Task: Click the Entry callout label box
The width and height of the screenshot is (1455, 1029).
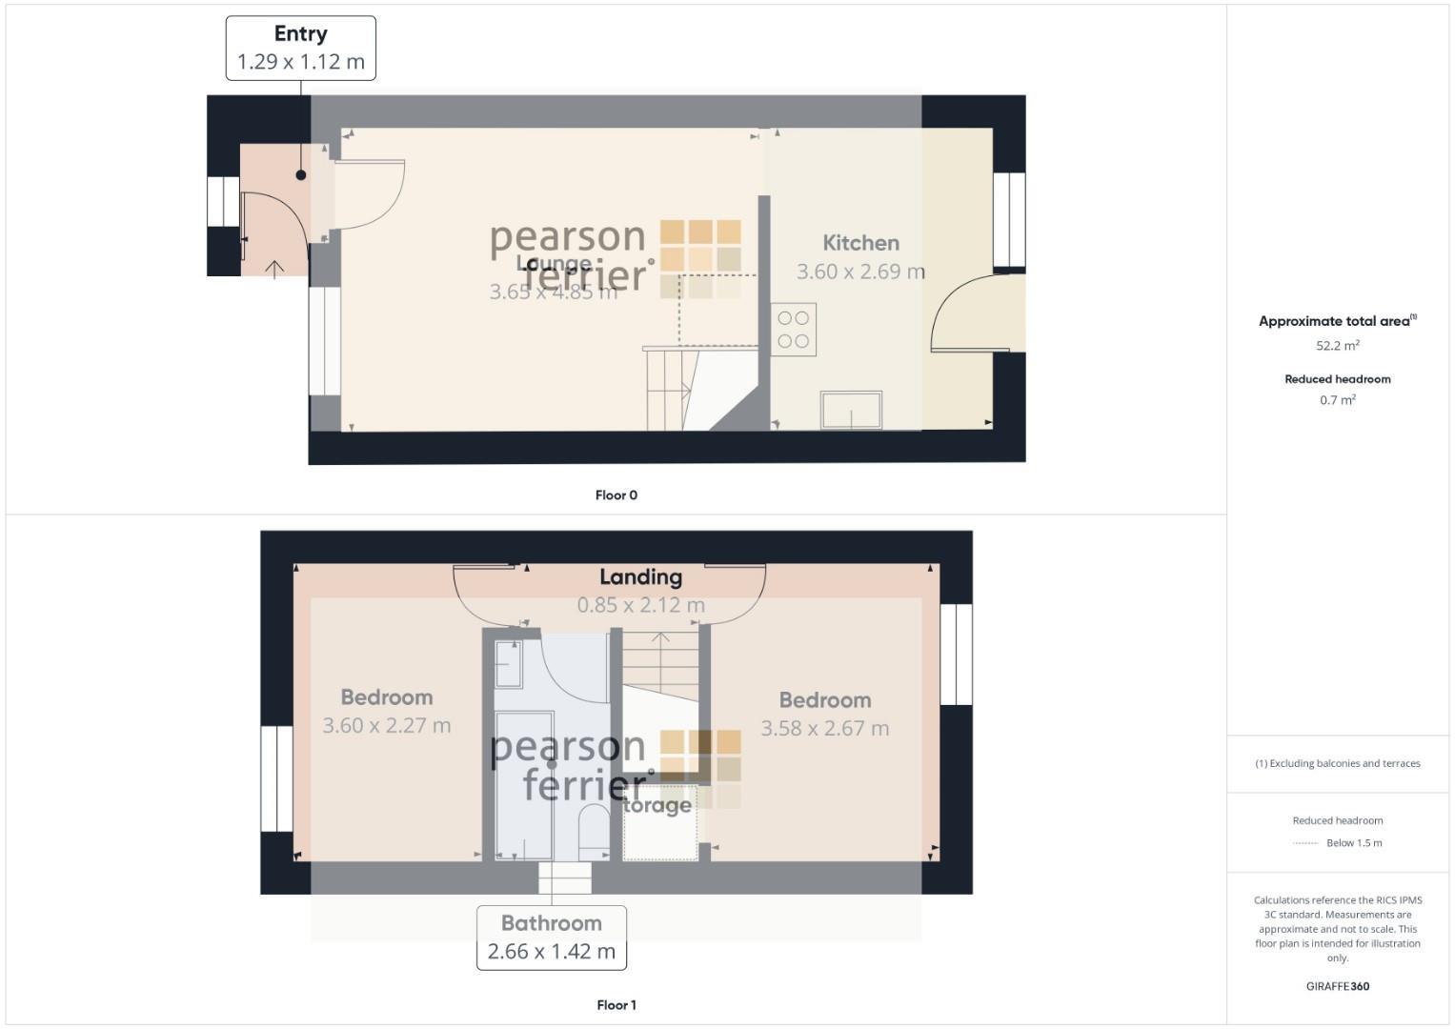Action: (300, 48)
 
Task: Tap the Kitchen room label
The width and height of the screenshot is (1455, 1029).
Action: (860, 243)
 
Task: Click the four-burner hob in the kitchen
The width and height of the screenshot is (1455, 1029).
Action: (793, 330)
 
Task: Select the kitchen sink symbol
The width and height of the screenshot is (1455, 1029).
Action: (851, 410)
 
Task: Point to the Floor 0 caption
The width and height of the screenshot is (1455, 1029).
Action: (616, 495)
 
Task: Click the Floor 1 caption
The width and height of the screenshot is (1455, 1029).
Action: (616, 1005)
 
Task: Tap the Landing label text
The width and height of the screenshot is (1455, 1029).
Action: (640, 577)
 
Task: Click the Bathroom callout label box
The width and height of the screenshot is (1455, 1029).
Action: (551, 938)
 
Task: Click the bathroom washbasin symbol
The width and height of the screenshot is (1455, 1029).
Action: (509, 663)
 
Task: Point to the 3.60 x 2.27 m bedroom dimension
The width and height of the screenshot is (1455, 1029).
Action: (386, 726)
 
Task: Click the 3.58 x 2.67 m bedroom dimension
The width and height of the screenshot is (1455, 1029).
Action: (824, 729)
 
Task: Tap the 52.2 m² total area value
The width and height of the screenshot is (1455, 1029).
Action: (1337, 346)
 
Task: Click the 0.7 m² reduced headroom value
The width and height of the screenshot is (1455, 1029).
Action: (1337, 400)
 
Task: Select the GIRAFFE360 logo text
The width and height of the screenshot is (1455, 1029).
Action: (1337, 986)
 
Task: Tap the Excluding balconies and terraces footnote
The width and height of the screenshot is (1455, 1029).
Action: (1337, 763)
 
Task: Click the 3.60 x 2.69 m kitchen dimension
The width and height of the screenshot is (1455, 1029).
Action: (859, 272)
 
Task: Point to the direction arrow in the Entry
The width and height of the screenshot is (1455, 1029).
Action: (274, 269)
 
